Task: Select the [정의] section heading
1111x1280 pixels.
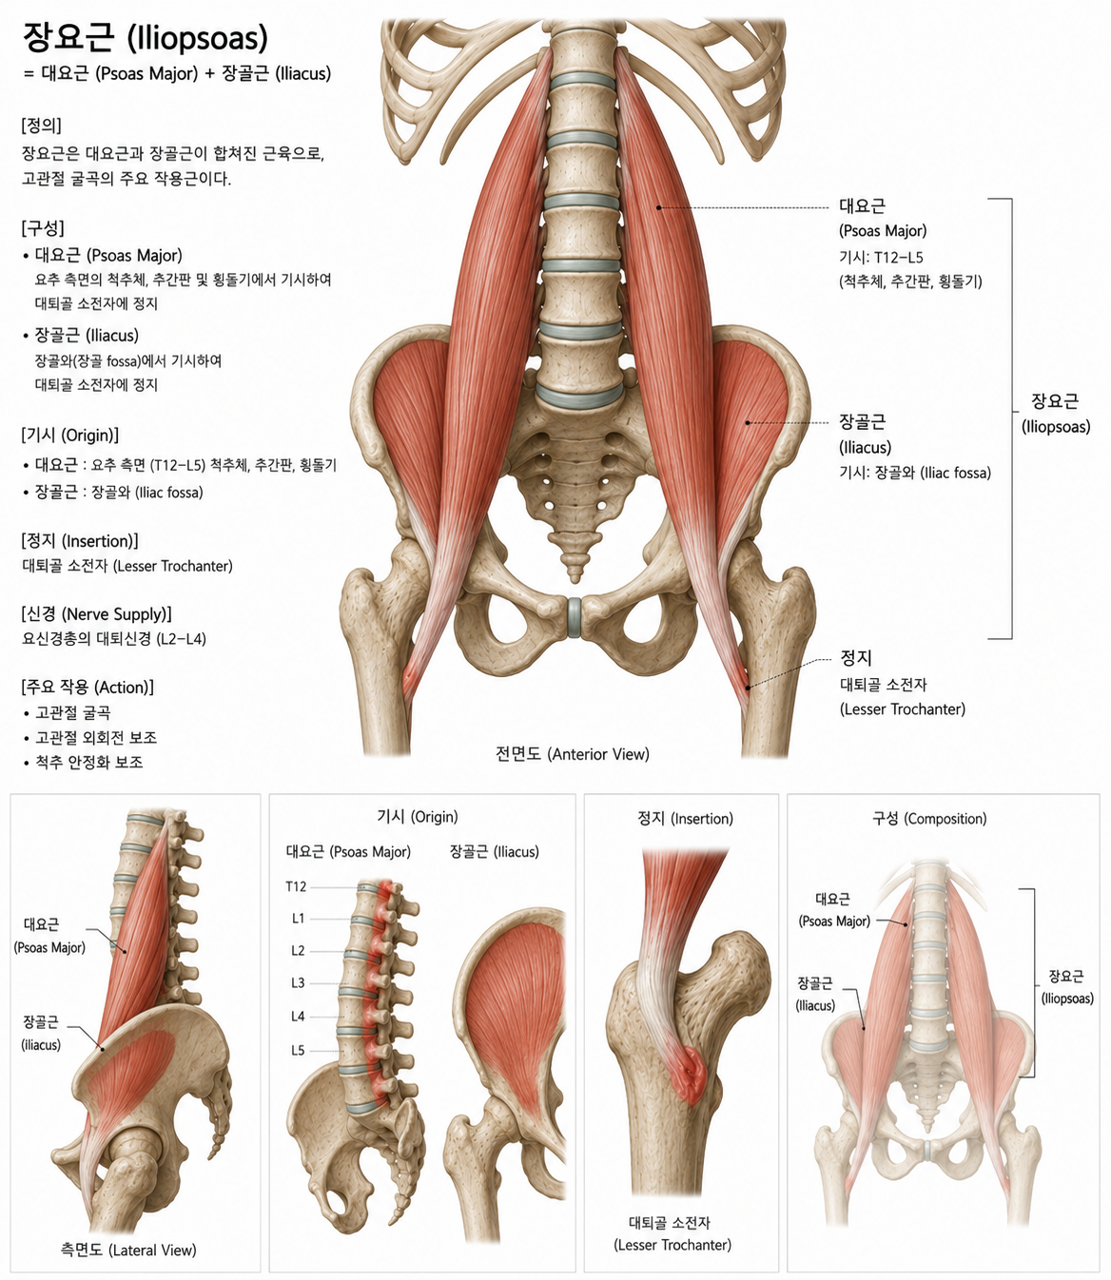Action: [41, 126]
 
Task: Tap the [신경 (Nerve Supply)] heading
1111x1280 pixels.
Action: [96, 613]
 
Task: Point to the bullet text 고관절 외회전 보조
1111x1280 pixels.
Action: [96, 738]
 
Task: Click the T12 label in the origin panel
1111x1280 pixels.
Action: [296, 886]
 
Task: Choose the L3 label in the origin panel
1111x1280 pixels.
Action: [298, 983]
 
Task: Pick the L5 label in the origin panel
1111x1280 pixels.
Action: [298, 1051]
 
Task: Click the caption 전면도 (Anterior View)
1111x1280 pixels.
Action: [573, 754]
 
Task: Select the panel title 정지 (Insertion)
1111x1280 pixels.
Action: [685, 818]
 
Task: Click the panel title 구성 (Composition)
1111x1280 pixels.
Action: [929, 818]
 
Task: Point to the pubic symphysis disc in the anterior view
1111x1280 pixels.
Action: [575, 617]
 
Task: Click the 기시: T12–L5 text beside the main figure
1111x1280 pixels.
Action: [882, 257]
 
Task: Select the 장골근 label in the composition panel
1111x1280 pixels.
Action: [815, 984]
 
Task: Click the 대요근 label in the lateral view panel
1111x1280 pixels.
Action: [42, 924]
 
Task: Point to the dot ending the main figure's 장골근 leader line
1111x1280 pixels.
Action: [748, 423]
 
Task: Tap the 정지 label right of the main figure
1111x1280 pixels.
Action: [856, 657]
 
